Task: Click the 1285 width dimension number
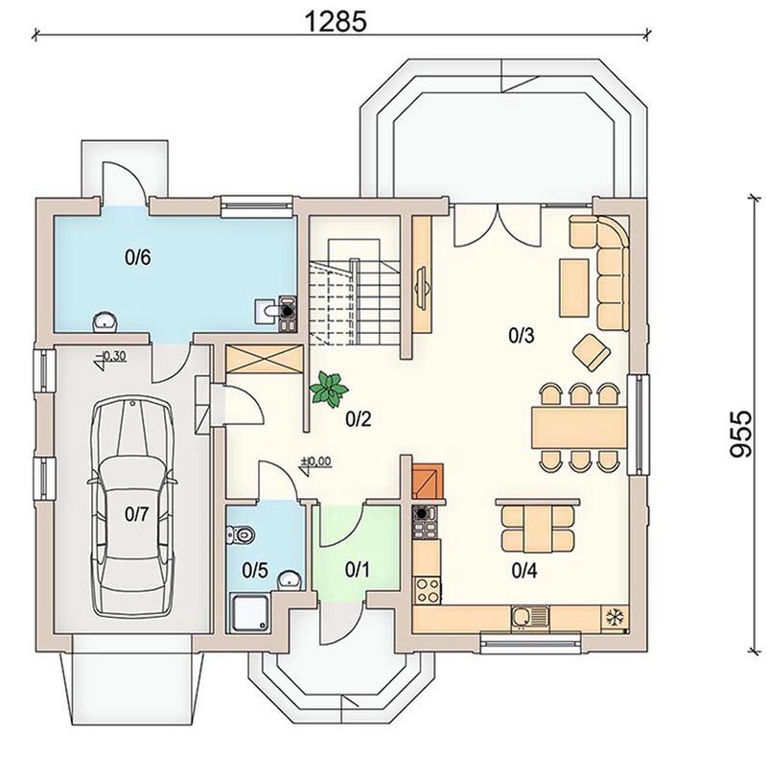pos(336,21)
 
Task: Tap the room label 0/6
pos(137,257)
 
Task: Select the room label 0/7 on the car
pos(136,514)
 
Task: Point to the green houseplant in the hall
pos(329,389)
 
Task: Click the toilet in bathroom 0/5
pos(241,534)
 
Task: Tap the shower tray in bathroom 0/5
pos(250,612)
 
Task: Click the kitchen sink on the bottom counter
pos(530,617)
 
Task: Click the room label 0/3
pos(521,336)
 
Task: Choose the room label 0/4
pos(524,571)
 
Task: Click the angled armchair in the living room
pos(592,351)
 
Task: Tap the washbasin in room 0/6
pos(105,320)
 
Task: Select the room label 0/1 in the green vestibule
pos(357,569)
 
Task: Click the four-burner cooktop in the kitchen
pos(427,590)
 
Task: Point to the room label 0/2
pos(359,418)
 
